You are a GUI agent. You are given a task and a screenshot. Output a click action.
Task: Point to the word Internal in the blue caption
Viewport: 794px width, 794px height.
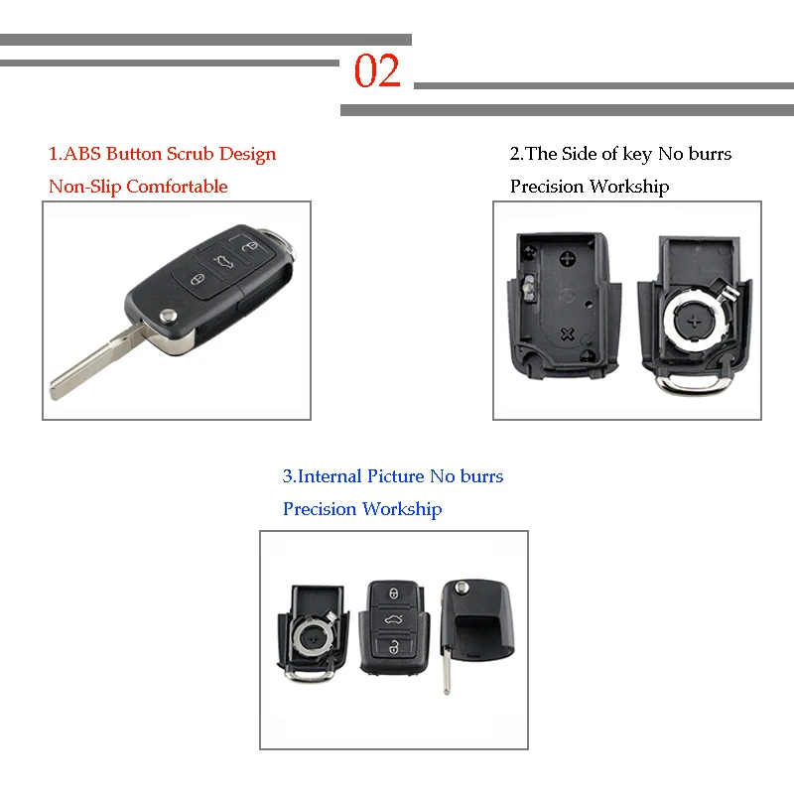click(331, 476)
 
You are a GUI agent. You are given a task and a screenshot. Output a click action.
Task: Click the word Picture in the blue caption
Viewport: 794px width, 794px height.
click(395, 476)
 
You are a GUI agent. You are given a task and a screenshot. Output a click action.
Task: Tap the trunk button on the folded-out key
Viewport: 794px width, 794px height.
click(219, 261)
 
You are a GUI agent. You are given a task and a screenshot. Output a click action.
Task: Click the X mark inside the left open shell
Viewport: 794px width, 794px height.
click(569, 333)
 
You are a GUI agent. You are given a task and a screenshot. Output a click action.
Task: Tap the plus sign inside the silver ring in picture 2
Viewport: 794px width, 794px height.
click(693, 320)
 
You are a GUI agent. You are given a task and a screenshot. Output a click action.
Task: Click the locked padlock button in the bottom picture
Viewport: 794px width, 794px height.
click(393, 594)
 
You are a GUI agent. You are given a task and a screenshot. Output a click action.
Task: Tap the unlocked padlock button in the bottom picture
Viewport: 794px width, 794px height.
click(393, 649)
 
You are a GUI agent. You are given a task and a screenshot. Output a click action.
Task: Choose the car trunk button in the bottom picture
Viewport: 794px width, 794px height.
click(393, 621)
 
